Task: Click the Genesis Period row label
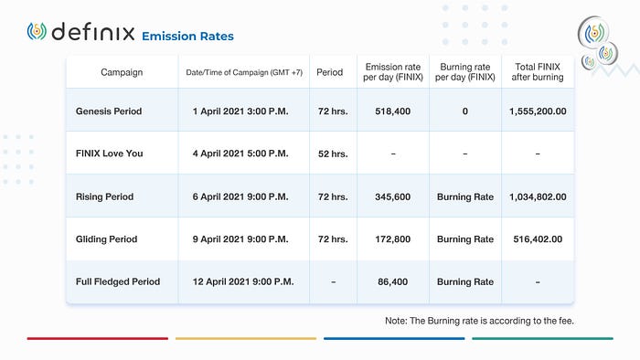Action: [x=109, y=111]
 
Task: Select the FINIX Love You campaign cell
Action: [x=110, y=154]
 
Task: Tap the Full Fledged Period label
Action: [x=118, y=281]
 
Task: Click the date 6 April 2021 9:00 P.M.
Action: [x=240, y=197]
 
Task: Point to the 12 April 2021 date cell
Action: [x=243, y=281]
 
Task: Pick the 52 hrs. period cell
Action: [x=333, y=154]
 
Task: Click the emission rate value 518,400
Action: [x=392, y=111]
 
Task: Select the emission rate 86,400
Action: [x=392, y=281]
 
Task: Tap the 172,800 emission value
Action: [x=392, y=239]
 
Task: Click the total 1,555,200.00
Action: [x=538, y=111]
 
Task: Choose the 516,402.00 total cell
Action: [x=538, y=239]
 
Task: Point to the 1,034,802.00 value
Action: [x=538, y=197]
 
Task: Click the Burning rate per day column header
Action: [x=464, y=72]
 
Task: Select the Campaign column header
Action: [x=122, y=72]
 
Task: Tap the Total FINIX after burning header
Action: [x=538, y=72]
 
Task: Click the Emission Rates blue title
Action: [x=187, y=37]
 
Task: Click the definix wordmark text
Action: [x=93, y=31]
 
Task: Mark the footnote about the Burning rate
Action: [x=479, y=321]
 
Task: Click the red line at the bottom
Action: [x=98, y=338]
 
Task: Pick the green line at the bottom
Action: [x=542, y=338]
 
